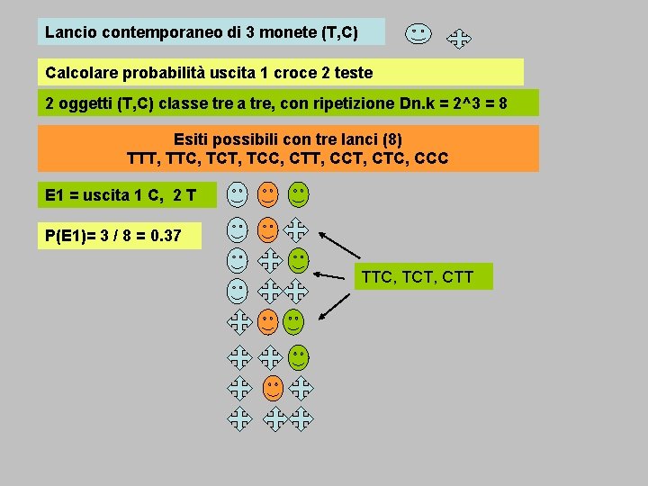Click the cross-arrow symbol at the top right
459,39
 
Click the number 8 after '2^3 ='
502,103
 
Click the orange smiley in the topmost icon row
267,193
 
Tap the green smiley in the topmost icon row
298,193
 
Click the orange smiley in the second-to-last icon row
273,388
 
